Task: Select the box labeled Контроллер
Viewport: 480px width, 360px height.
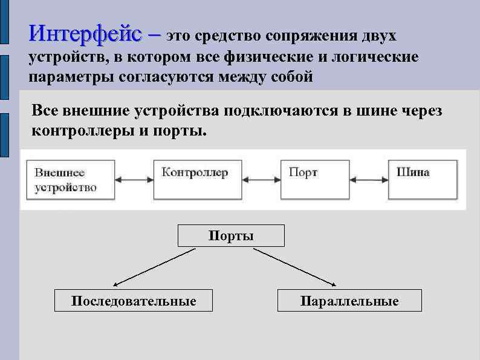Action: tap(198, 180)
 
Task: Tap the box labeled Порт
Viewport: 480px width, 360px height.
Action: tap(315, 180)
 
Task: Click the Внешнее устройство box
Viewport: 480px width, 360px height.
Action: tap(70, 180)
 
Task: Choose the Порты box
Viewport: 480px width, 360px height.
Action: tap(231, 235)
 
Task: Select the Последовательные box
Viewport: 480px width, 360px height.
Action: tap(134, 301)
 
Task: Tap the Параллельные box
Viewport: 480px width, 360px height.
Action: tap(349, 301)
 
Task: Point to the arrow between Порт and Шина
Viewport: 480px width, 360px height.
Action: tap(369, 179)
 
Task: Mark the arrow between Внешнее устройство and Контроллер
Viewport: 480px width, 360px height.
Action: tap(134, 179)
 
